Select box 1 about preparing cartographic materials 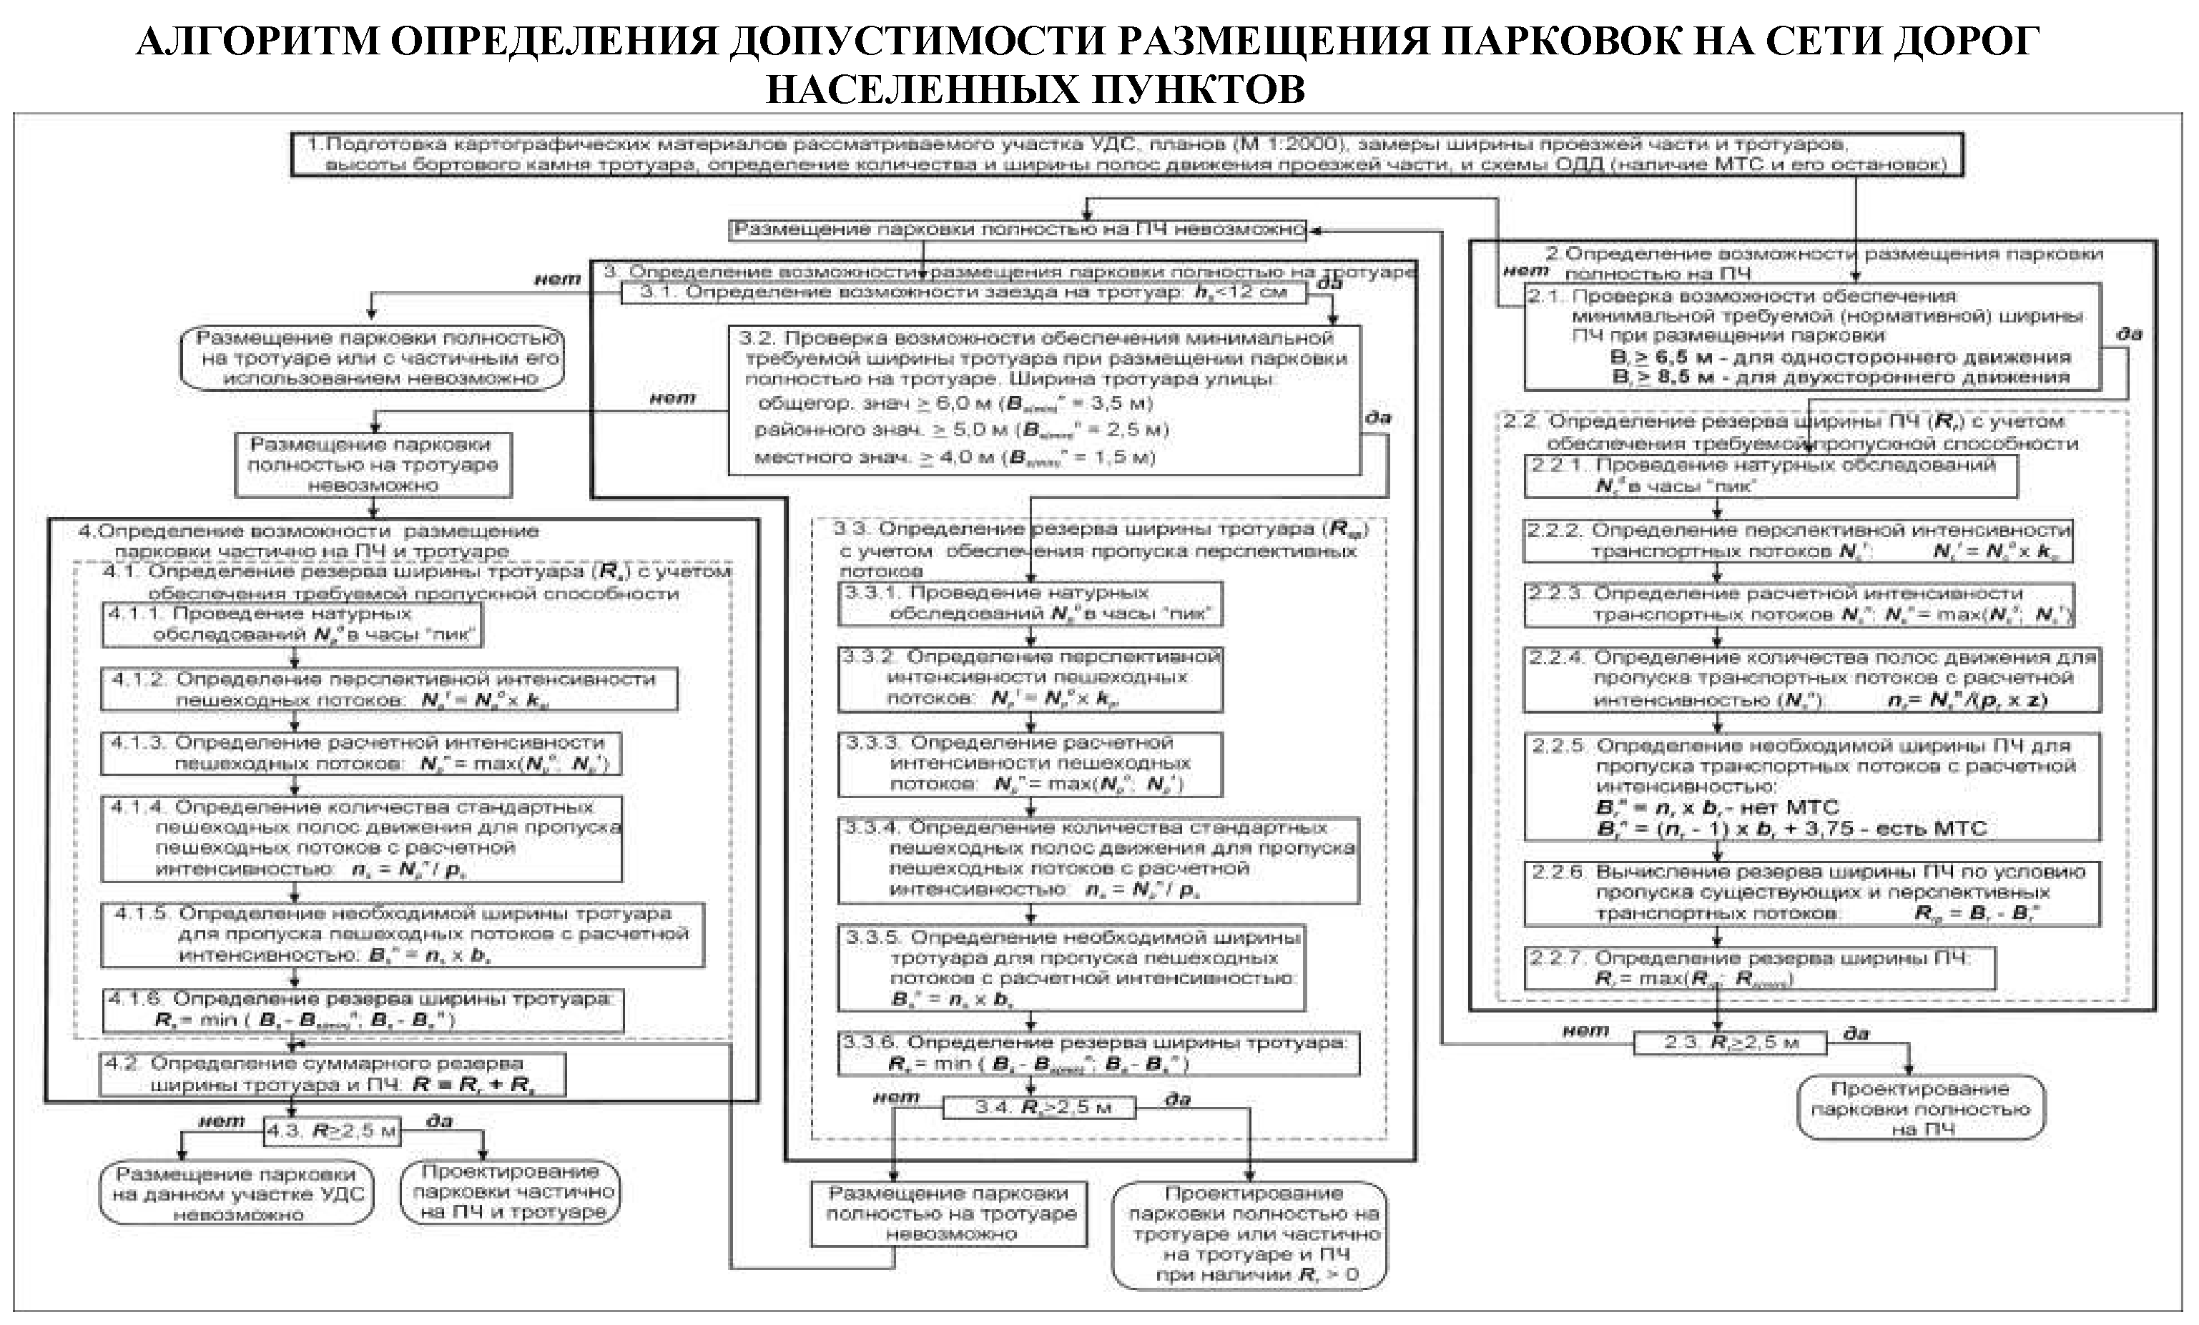1126,155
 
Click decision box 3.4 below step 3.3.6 1041,1108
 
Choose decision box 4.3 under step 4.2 331,1131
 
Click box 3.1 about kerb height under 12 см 964,292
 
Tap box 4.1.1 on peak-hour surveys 292,624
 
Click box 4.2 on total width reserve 332,1075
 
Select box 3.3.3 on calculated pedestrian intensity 1030,764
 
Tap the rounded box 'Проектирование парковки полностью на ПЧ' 1921,1108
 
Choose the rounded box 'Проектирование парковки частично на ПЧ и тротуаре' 511,1192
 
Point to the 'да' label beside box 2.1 2130,335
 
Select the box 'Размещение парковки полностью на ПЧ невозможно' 1018,230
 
